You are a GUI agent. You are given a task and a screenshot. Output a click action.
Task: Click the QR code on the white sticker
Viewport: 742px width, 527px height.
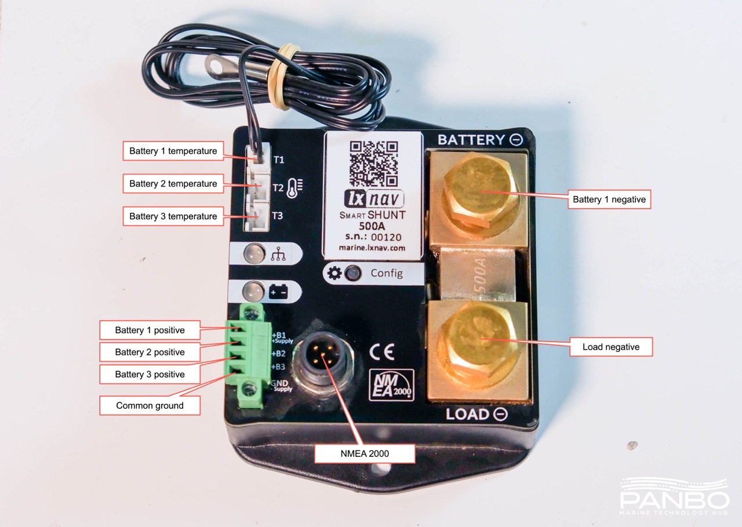[x=374, y=164]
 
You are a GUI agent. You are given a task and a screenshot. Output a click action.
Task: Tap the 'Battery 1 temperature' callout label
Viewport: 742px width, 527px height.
[x=173, y=151]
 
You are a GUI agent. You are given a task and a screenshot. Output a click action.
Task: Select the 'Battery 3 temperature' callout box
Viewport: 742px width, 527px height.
[x=173, y=216]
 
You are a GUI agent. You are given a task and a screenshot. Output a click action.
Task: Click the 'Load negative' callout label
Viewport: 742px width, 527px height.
[x=611, y=347]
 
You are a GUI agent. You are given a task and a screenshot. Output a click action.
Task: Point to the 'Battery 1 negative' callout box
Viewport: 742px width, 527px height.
[x=609, y=199]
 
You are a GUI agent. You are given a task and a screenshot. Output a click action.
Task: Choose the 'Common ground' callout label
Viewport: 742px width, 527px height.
[x=150, y=405]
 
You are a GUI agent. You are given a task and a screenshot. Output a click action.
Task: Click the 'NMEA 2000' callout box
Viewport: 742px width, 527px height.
[x=365, y=453]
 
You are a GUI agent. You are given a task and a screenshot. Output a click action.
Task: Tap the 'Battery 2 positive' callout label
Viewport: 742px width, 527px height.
[x=150, y=352]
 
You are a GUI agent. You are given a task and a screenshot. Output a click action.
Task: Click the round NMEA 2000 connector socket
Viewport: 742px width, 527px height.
[x=323, y=359]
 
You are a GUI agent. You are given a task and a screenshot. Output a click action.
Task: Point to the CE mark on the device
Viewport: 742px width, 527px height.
[x=381, y=351]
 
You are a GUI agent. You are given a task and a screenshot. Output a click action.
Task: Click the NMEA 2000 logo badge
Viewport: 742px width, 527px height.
[x=391, y=384]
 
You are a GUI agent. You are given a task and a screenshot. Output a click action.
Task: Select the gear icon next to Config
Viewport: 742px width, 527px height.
[x=334, y=273]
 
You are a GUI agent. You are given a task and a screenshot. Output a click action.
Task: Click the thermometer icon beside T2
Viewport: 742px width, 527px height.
[x=294, y=188]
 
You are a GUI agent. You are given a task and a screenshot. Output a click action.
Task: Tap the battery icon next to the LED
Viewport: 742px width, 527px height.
[x=278, y=292]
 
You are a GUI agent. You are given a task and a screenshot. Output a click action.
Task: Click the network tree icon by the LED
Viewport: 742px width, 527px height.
[x=278, y=254]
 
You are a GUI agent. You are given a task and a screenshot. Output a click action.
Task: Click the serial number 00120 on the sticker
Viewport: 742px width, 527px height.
[x=386, y=237]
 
